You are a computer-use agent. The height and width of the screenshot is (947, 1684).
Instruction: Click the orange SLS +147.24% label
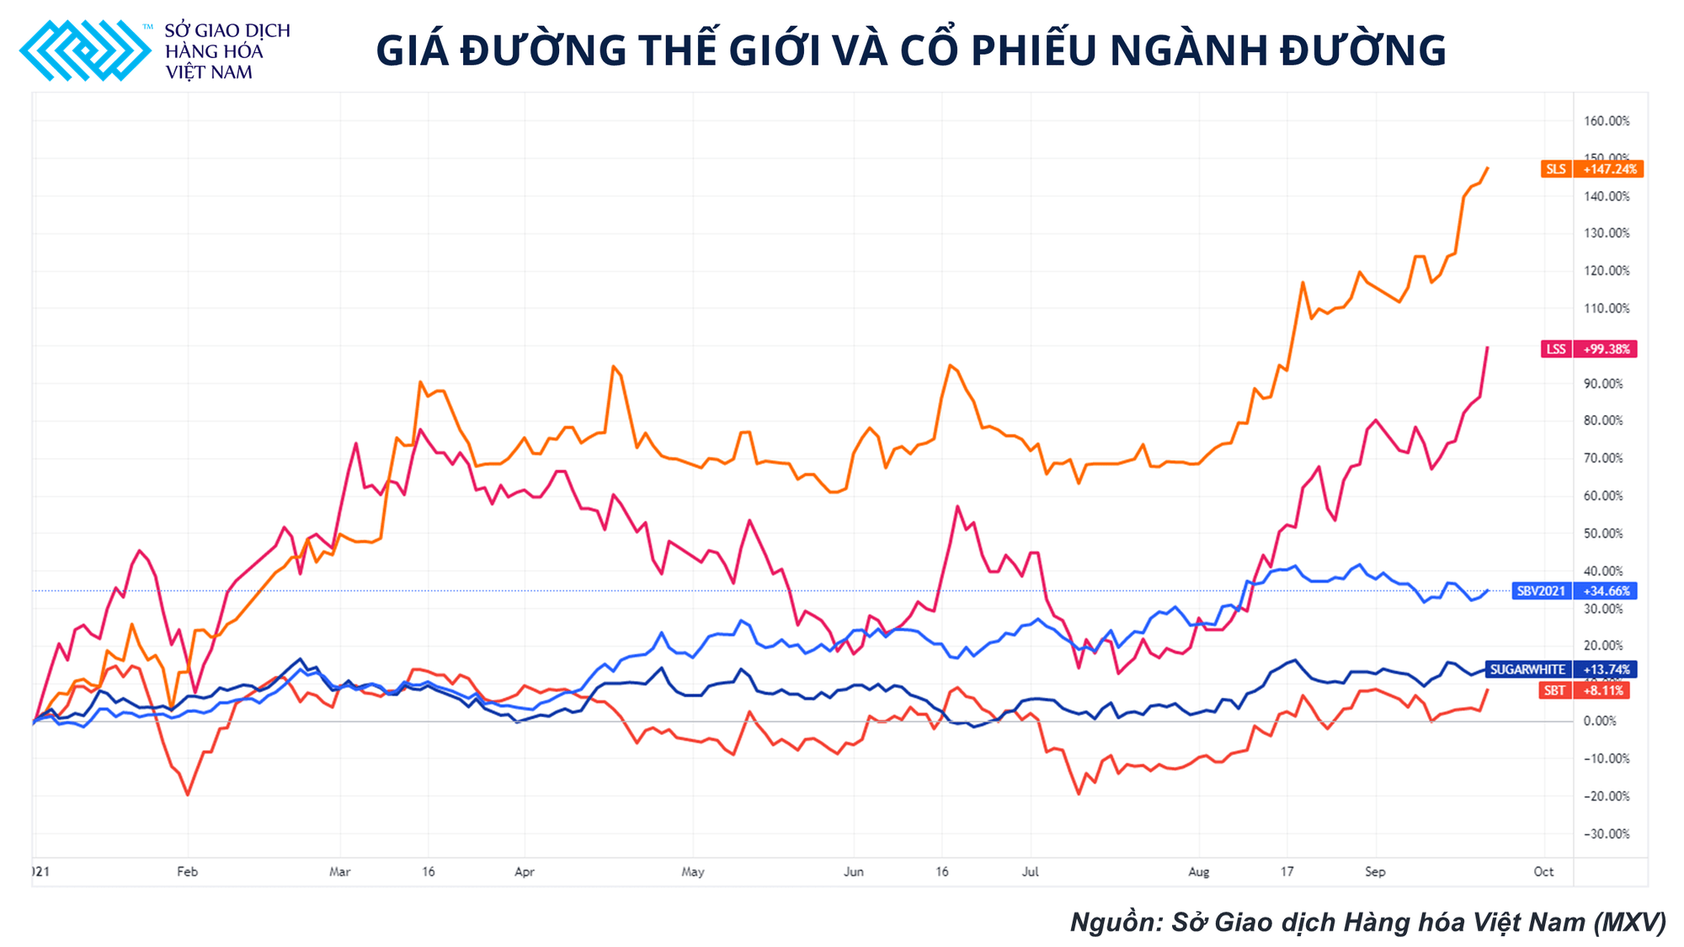[x=1591, y=169]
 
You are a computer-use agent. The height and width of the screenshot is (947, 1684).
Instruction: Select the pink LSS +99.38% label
[x=1590, y=348]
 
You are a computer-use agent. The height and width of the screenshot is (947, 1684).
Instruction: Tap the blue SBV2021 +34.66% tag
[x=1574, y=591]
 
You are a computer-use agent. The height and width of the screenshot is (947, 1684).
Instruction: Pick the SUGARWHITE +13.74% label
[x=1560, y=669]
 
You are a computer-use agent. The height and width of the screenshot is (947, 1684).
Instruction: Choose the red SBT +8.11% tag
[x=1584, y=690]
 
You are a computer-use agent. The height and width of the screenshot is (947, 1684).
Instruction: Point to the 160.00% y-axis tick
[x=1606, y=121]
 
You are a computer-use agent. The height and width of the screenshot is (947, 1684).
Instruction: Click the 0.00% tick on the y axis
[x=1600, y=721]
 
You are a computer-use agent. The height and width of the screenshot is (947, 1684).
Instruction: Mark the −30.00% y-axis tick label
[x=1606, y=834]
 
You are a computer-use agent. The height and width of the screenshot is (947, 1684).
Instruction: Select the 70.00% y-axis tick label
[x=1602, y=459]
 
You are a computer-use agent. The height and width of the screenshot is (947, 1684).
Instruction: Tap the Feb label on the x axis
[x=187, y=872]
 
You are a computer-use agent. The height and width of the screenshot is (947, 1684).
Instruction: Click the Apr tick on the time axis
[x=525, y=872]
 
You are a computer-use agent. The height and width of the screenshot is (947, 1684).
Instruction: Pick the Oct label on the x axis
[x=1543, y=872]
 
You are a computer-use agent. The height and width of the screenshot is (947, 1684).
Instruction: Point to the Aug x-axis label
[x=1198, y=872]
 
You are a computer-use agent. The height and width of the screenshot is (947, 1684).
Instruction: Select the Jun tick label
[x=853, y=872]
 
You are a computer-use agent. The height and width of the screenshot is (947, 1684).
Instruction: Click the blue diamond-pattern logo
[x=85, y=51]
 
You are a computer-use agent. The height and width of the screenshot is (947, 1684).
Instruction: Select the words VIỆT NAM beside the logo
[x=209, y=72]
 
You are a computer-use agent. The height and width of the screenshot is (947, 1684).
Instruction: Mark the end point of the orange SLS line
[x=1488, y=168]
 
